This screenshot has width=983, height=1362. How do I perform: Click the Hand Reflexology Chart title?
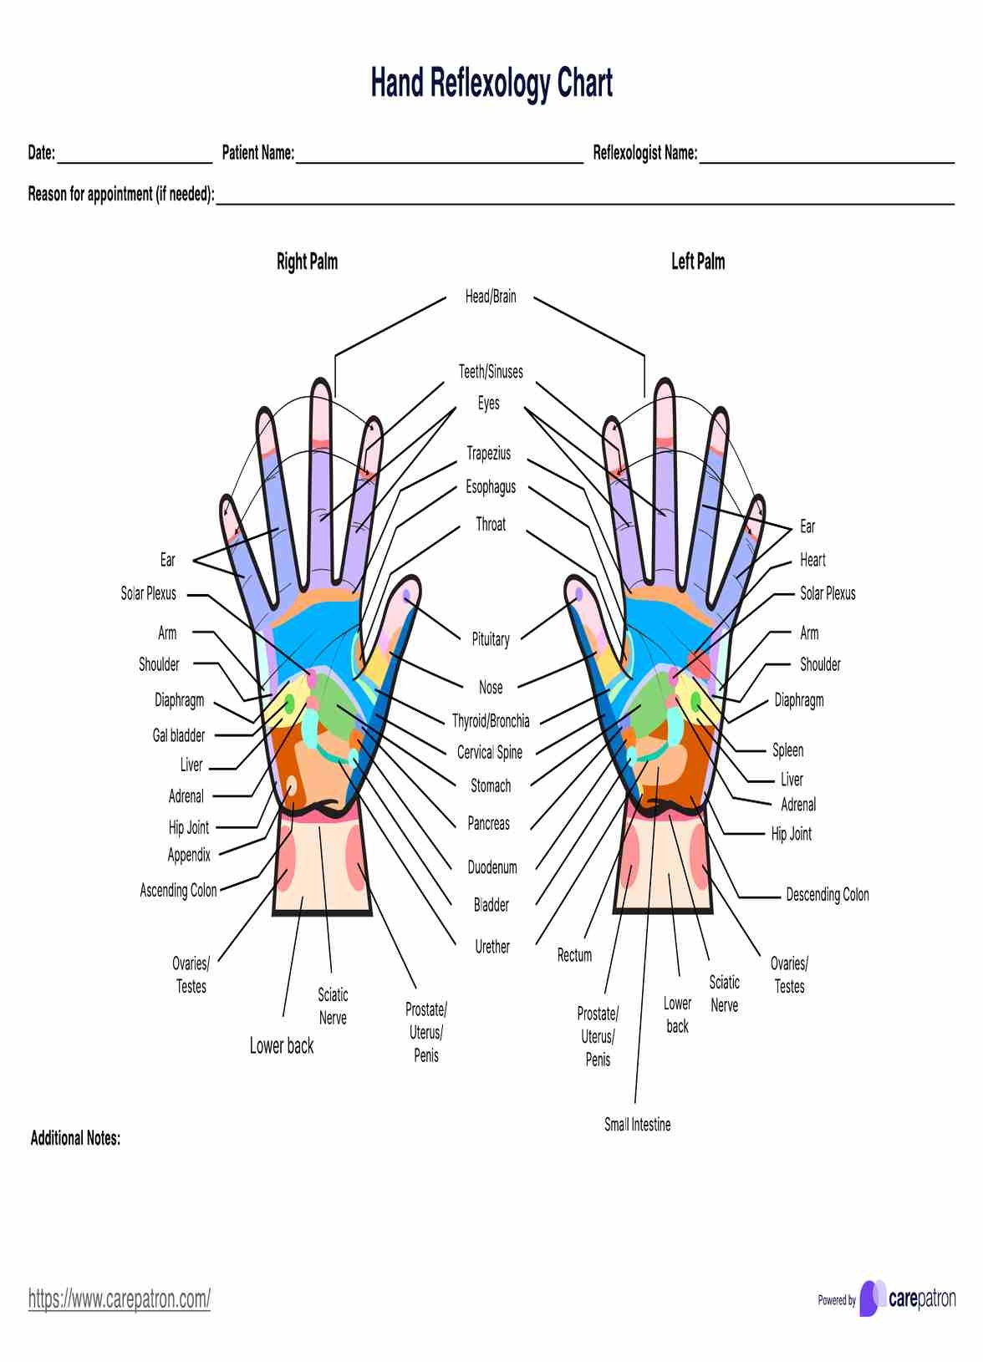[x=491, y=84]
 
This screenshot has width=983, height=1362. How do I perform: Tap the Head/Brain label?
[x=491, y=297]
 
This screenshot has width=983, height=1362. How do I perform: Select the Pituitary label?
[x=491, y=639]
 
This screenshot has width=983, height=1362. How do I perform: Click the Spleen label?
[x=787, y=750]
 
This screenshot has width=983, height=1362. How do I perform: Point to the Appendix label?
[x=189, y=855]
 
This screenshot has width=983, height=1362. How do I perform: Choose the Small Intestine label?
[x=637, y=1125]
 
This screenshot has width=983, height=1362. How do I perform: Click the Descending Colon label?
[x=827, y=895]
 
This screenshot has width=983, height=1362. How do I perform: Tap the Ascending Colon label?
[x=178, y=891]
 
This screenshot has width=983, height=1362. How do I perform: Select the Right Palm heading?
[x=307, y=262]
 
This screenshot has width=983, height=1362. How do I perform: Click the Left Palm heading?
[x=698, y=262]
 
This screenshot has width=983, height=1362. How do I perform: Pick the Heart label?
[x=812, y=560]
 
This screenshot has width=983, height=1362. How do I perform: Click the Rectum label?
[x=574, y=955]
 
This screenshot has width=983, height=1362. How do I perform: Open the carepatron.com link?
[x=120, y=1298]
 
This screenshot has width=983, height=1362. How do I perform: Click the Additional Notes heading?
[x=75, y=1138]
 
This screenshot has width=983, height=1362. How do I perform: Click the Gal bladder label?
[x=178, y=735]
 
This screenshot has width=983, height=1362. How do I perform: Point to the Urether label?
[x=491, y=947]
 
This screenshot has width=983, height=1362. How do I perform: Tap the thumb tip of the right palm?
[x=407, y=592]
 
